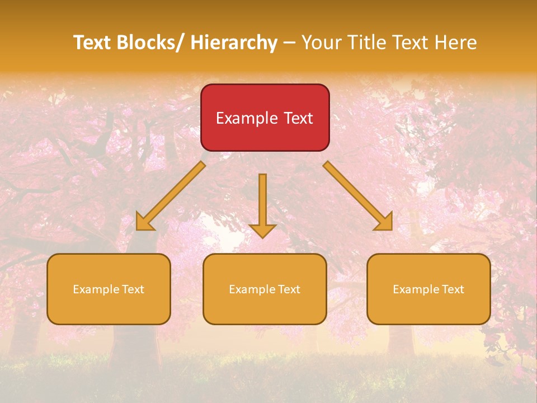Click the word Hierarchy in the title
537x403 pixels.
tap(234, 43)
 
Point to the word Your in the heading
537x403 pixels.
tap(322, 43)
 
